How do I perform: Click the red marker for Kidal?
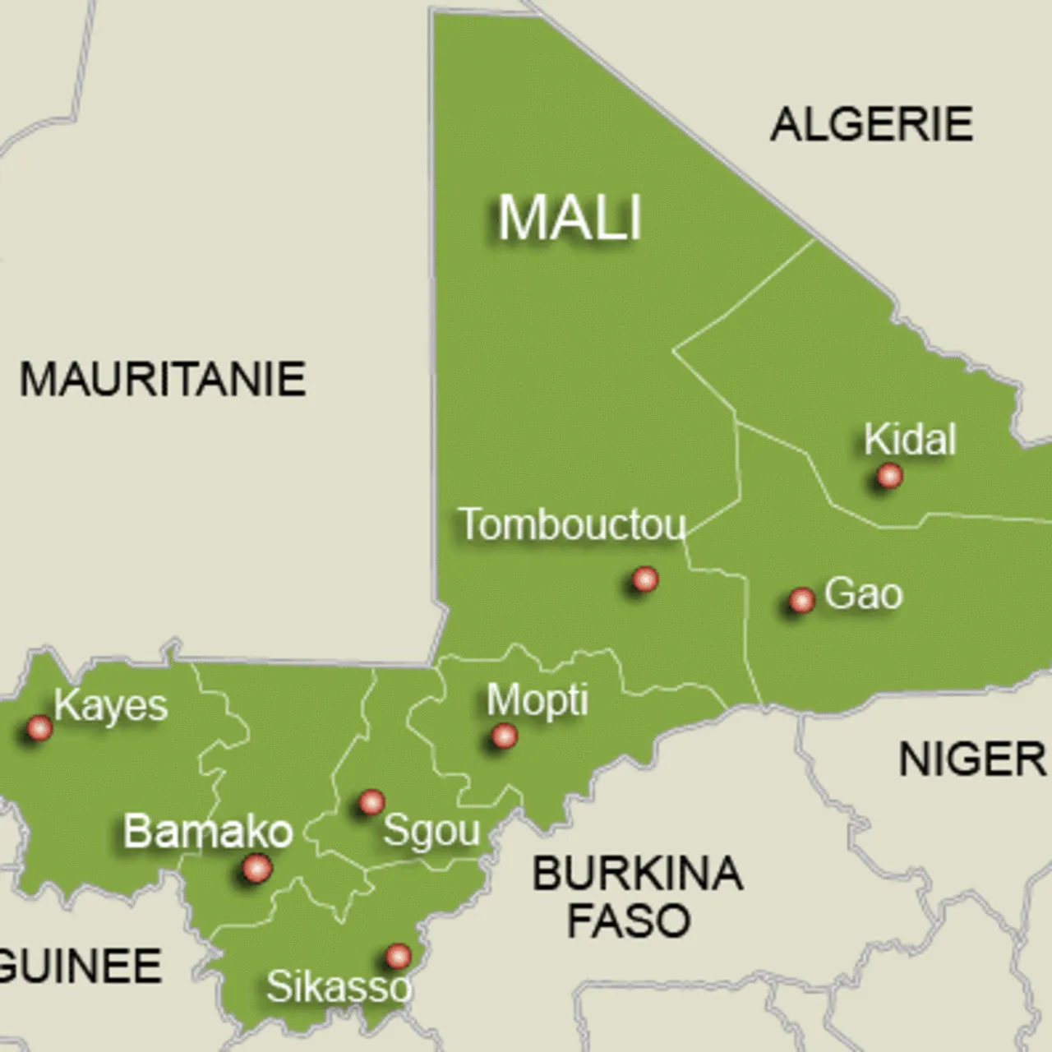[x=888, y=475]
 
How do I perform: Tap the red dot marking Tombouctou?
[x=645, y=579]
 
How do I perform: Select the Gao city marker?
[x=801, y=601]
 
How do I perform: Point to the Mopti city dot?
[x=504, y=736]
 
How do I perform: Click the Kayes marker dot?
[x=39, y=727]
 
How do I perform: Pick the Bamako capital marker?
[x=256, y=868]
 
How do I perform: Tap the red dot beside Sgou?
[x=371, y=801]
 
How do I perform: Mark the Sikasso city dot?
[x=398, y=956]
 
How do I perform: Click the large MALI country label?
[x=570, y=218]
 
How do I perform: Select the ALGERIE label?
[x=871, y=124]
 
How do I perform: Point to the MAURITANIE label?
[x=163, y=380]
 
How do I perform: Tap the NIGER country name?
[x=971, y=759]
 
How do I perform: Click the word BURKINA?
[x=638, y=873]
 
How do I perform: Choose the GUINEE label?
[x=81, y=966]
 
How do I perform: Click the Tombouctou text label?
[x=572, y=524]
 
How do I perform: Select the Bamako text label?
[x=208, y=832]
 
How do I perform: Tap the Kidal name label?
[x=910, y=440]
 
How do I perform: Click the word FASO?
[x=629, y=920]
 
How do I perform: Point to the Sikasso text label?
[x=338, y=986]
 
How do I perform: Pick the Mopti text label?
[x=538, y=700]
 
